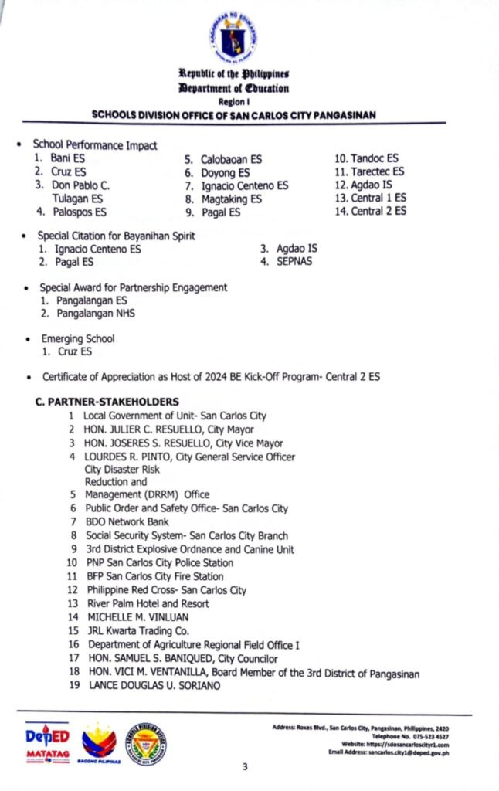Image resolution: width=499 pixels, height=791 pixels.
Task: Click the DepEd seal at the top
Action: [x=232, y=36]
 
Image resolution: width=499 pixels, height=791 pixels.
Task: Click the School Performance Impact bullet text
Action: [x=94, y=145]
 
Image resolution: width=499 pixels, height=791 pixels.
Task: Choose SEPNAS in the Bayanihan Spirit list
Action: [x=294, y=262]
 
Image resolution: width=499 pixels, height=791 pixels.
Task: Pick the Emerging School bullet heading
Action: [x=78, y=338]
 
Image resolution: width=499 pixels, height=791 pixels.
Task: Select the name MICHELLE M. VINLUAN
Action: [x=137, y=616]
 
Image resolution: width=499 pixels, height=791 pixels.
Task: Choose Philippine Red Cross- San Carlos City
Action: [x=167, y=589]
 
